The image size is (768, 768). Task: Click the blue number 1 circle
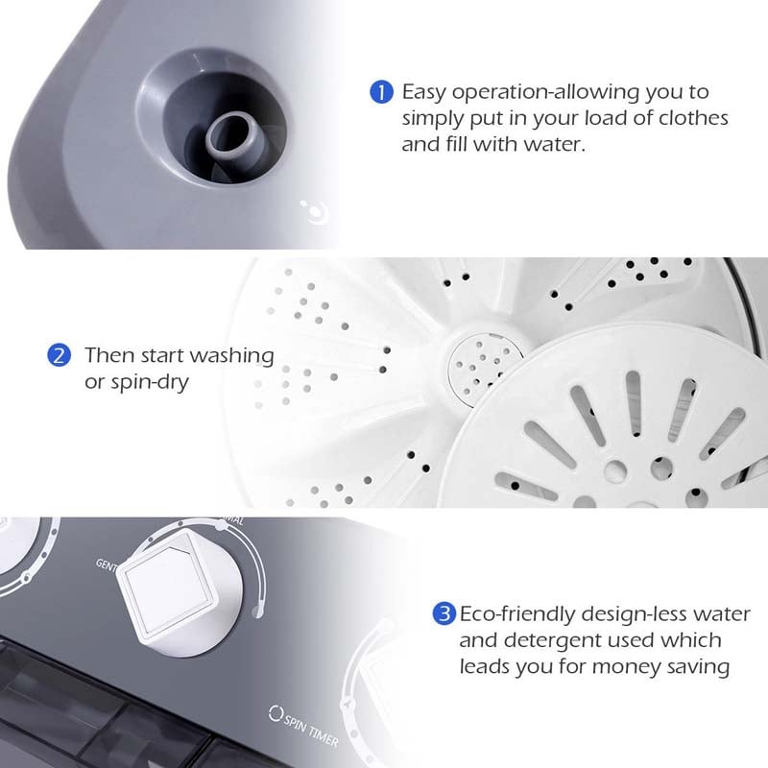pyautogui.click(x=381, y=92)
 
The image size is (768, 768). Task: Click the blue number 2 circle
pyautogui.click(x=60, y=355)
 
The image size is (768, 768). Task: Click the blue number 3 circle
pyautogui.click(x=444, y=613)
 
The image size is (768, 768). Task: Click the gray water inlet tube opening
pyautogui.click(x=230, y=132)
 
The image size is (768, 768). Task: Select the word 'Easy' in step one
pyautogui.click(x=422, y=92)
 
